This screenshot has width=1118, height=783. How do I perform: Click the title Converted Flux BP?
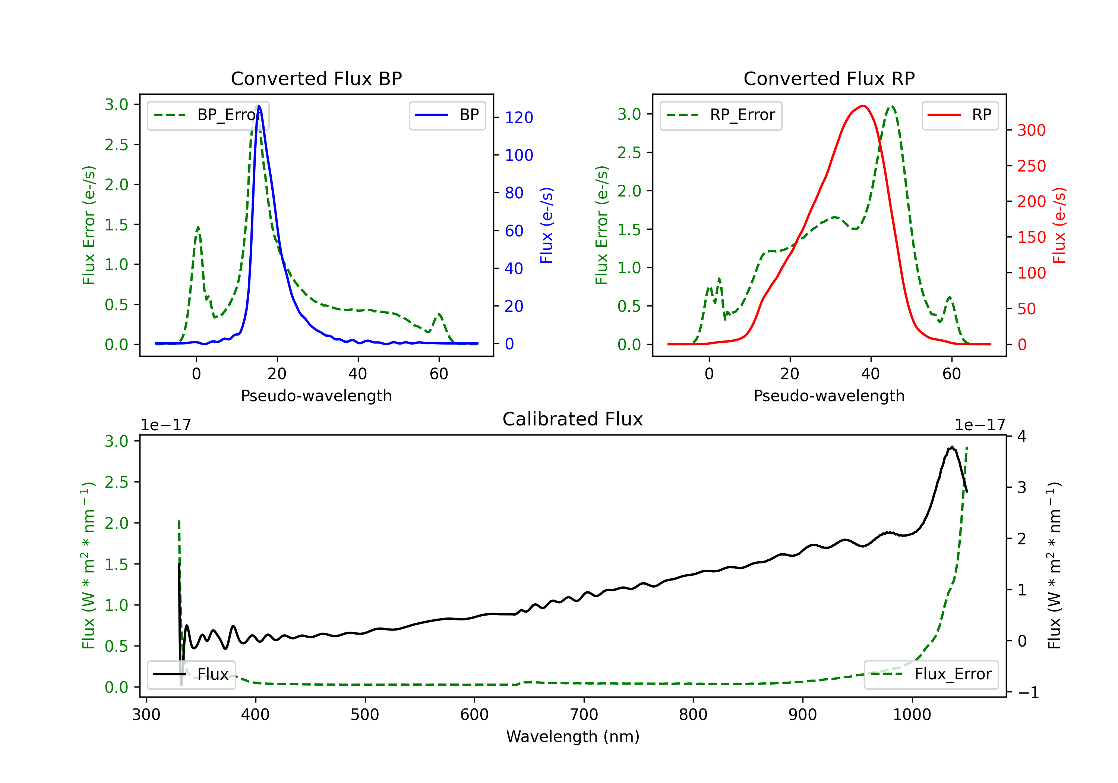click(316, 78)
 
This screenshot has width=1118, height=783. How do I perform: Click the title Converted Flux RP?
click(829, 78)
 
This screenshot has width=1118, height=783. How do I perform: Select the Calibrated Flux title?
click(573, 419)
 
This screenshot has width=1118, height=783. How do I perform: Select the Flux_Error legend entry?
click(931, 674)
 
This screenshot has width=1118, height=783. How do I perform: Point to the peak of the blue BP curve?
click(259, 106)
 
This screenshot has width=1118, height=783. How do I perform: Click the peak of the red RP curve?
click(863, 106)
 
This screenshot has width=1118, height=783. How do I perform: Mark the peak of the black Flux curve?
click(951, 447)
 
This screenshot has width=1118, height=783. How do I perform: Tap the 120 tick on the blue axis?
click(519, 117)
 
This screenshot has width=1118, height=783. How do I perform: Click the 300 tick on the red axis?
click(1031, 130)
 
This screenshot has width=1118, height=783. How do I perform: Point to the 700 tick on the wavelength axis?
click(584, 714)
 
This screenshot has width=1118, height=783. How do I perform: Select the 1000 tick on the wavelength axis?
click(912, 714)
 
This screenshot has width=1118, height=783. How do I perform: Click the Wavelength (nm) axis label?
click(573, 736)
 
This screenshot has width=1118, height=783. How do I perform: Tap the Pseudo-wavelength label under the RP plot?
click(829, 396)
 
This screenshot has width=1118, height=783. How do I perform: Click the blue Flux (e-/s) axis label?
click(546, 225)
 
